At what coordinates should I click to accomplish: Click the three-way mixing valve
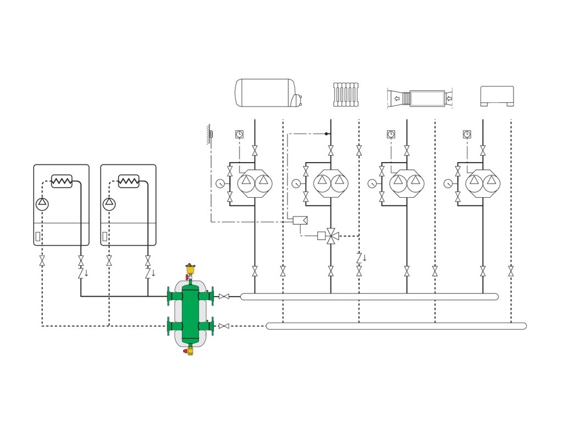click(x=331, y=236)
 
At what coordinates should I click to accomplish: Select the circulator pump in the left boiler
click(x=42, y=203)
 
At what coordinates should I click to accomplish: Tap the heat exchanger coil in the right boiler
click(x=129, y=181)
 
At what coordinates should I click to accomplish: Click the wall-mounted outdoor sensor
click(x=211, y=134)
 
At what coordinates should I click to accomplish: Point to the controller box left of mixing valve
click(x=300, y=220)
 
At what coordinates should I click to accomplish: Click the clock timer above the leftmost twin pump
click(x=239, y=134)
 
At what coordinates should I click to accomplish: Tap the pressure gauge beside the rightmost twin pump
click(x=449, y=183)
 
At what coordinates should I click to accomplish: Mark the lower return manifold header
click(x=396, y=326)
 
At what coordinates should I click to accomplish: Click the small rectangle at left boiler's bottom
click(x=37, y=238)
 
